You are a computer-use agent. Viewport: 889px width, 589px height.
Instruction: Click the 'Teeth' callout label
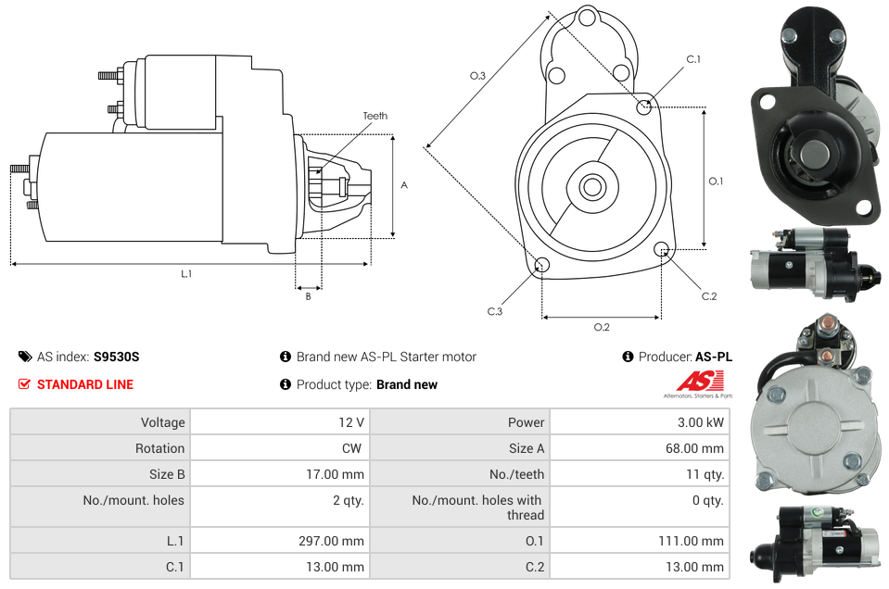(x=375, y=116)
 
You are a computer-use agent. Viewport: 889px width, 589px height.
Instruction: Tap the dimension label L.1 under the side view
(x=186, y=273)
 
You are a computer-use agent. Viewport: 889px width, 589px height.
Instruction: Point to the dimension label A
(x=404, y=185)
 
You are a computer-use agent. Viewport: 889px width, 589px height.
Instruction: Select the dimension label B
(x=308, y=296)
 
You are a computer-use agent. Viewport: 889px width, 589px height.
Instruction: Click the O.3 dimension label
(x=478, y=76)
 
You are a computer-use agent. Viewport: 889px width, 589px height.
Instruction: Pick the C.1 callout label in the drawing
(x=693, y=59)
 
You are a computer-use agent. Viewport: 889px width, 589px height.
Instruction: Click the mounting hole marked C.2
(x=662, y=249)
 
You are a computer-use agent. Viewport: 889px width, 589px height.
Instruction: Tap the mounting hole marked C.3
(x=542, y=267)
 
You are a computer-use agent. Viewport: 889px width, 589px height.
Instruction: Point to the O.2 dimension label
(x=602, y=327)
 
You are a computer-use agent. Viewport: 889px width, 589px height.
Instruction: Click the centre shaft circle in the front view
(x=592, y=187)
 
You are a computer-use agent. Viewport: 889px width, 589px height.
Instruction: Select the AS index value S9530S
(x=116, y=357)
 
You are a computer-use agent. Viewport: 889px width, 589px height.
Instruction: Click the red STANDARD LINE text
(x=85, y=384)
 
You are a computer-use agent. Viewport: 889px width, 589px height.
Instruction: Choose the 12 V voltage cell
(x=350, y=422)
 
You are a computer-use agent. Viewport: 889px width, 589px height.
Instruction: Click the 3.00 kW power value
(x=700, y=422)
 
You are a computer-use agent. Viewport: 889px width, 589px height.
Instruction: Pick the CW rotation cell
(x=354, y=448)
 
